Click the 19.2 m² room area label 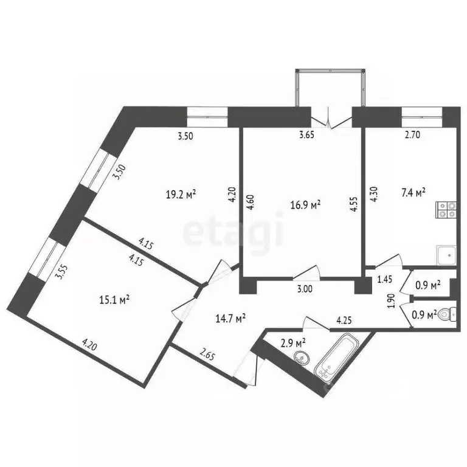tap(182, 195)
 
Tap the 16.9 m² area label tap(307, 206)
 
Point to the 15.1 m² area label tap(115, 299)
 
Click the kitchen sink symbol tap(446, 256)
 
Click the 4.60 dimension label tap(250, 202)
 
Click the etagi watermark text tap(233, 231)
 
